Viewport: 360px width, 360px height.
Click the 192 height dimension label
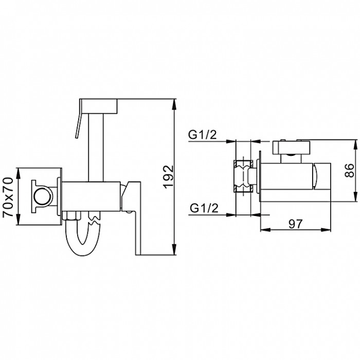pos(169,176)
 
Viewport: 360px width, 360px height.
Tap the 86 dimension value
pos(350,170)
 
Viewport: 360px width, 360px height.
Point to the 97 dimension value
pos(296,224)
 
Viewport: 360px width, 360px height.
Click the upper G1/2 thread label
pos(203,135)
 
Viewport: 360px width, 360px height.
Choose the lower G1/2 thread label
pos(204,208)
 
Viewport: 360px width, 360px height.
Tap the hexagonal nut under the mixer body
pos(72,216)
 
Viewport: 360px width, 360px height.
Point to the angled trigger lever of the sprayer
pos(79,119)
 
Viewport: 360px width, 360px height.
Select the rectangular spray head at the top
pos(99,106)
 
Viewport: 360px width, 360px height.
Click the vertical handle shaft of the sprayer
pos(96,148)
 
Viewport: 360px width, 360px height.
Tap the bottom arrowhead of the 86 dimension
pos(356,196)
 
